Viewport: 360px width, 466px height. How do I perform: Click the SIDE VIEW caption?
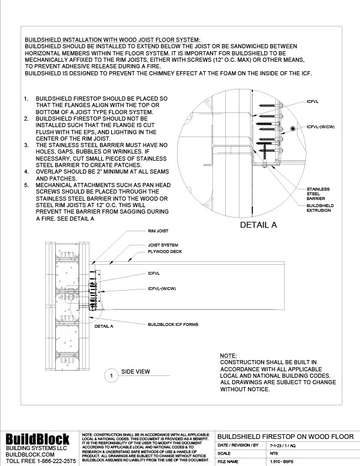pyautogui.click(x=135, y=372)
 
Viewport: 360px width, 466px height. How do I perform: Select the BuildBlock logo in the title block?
pyautogui.click(x=38, y=440)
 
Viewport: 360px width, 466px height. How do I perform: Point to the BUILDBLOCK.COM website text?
pyautogui.click(x=30, y=455)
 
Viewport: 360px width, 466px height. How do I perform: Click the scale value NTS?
pyautogui.click(x=274, y=454)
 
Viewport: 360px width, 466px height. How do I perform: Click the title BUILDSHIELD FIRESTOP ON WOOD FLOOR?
pyautogui.click(x=286, y=436)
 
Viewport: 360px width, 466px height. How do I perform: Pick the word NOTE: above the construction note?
pyautogui.click(x=228, y=356)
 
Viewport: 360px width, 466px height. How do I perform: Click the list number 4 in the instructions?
pyautogui.click(x=26, y=171)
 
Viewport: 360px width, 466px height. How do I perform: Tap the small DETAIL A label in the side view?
pyautogui.click(x=104, y=325)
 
